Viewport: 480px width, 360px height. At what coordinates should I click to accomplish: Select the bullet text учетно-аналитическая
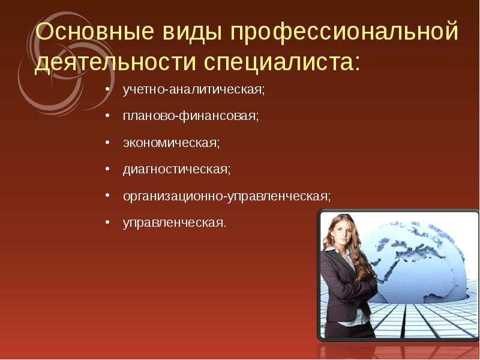(193, 89)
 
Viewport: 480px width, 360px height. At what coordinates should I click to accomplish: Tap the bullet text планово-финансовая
(191, 116)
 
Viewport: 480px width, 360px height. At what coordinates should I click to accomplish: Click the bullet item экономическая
(171, 143)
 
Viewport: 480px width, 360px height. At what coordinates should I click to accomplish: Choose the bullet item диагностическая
(176, 169)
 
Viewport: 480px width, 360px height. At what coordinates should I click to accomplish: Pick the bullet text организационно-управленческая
(226, 196)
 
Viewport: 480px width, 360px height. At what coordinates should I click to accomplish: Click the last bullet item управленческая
(175, 223)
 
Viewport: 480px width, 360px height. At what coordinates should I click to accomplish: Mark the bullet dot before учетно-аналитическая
(107, 90)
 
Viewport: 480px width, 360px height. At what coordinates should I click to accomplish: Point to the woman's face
(347, 232)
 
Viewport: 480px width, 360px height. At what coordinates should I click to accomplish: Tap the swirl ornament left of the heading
(45, 78)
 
